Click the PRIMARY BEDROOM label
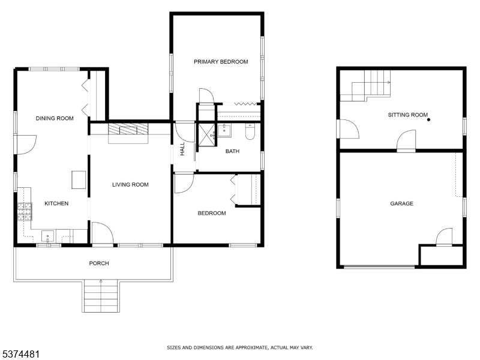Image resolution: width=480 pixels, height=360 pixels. pyautogui.click(x=221, y=62)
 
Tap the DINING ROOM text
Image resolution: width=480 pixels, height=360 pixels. pyautogui.click(x=55, y=119)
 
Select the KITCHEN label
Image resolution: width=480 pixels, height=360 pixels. pyautogui.click(x=56, y=203)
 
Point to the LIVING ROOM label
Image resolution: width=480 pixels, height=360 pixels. pyautogui.click(x=130, y=185)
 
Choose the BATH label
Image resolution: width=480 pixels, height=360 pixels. pyautogui.click(x=232, y=151)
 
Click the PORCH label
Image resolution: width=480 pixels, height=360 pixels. pyautogui.click(x=99, y=263)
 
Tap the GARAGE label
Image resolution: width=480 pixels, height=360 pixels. pyautogui.click(x=401, y=204)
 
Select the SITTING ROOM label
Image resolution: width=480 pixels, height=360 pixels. pyautogui.click(x=408, y=115)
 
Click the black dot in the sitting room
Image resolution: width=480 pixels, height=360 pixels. pyautogui.click(x=428, y=120)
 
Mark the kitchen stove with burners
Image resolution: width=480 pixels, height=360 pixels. pyautogui.click(x=24, y=211)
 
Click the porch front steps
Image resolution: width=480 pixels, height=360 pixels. pyautogui.click(x=101, y=296)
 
